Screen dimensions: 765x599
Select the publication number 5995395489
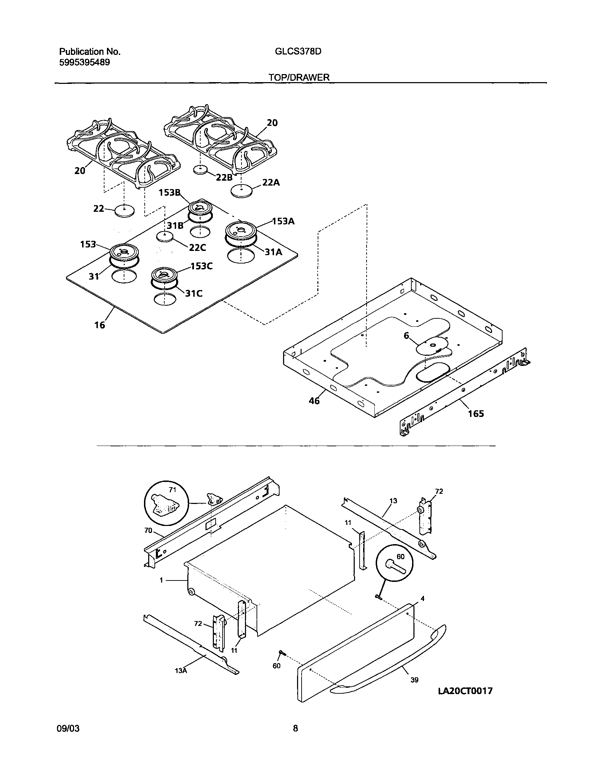84,63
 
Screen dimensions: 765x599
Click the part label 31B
175,225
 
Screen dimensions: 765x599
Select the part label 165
476,414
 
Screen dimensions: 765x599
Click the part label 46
314,400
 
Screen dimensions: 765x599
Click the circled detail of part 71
166,503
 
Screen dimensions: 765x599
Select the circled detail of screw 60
394,563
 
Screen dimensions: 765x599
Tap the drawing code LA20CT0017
466,691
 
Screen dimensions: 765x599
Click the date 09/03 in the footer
68,729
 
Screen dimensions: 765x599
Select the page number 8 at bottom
295,729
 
